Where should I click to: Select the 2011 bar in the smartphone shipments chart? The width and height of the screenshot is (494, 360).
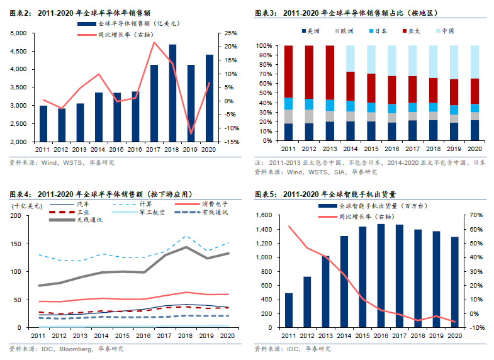click(289, 310)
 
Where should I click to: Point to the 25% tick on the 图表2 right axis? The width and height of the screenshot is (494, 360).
click(230, 33)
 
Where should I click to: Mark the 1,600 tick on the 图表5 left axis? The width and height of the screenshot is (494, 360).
click(263, 215)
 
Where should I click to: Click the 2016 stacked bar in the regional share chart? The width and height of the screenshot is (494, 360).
click(391, 93)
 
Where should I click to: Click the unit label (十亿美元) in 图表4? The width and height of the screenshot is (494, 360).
click(26, 205)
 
